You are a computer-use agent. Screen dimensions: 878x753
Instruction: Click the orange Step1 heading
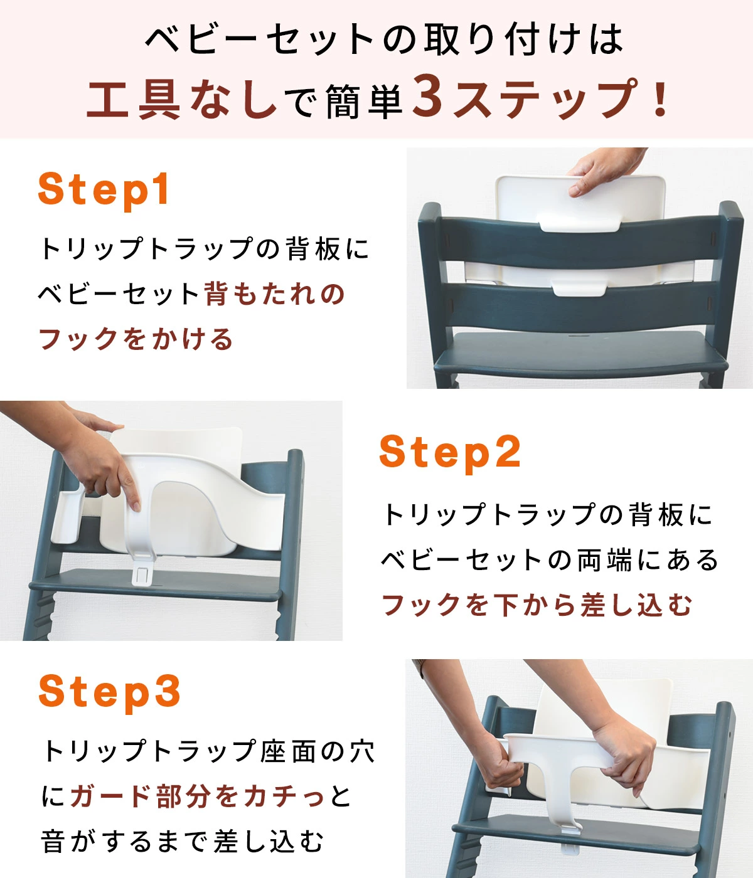pos(104,189)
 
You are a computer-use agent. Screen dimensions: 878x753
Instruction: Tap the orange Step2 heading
pos(449,452)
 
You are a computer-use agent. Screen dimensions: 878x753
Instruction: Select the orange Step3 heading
pos(110,691)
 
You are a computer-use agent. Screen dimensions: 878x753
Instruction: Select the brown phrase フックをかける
pos(136,339)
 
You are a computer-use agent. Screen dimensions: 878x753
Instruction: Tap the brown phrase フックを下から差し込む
pos(537,605)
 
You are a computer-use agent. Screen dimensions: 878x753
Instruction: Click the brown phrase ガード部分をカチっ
pos(197,796)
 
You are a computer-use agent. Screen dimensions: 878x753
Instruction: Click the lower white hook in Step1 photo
pos(579,288)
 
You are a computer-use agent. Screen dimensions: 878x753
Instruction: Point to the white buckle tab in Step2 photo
pos(142,575)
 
